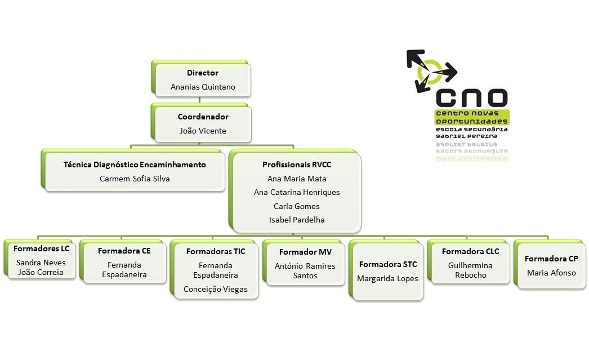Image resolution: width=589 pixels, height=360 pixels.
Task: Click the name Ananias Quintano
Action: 203,87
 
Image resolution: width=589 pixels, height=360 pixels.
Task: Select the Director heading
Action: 203,73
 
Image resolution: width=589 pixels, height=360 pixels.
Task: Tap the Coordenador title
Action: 203,117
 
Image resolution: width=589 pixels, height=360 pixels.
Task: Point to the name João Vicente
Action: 203,131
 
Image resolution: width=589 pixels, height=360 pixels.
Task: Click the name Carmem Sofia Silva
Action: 135,179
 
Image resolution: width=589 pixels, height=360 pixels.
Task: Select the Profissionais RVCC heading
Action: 297,165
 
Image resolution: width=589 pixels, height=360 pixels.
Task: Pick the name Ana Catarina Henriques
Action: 297,192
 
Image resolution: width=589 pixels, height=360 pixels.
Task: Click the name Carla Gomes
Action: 297,206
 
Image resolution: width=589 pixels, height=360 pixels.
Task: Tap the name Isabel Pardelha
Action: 297,220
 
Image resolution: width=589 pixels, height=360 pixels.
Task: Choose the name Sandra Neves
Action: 41,263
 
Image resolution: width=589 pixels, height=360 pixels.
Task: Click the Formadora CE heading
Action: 124,251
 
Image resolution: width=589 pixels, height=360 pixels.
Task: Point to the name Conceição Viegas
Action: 216,289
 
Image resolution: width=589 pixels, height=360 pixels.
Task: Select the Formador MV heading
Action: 305,252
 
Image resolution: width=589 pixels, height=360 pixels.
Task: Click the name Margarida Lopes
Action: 388,278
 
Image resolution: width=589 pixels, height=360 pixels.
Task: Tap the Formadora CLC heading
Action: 470,251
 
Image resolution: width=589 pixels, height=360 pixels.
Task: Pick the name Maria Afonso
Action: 551,273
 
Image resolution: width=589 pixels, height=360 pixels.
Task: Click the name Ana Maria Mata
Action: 297,179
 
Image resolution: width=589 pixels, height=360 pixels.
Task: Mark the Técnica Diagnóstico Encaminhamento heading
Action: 135,165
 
